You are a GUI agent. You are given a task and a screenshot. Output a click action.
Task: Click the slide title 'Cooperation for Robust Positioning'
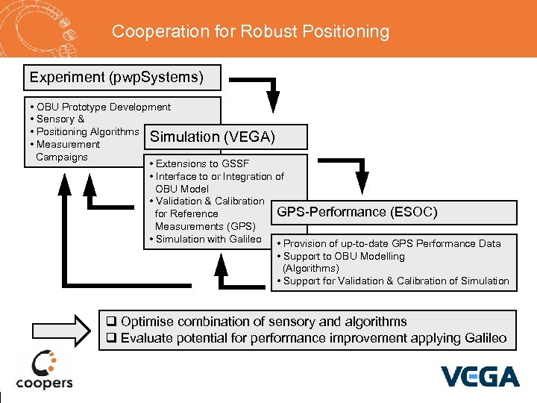tap(251, 31)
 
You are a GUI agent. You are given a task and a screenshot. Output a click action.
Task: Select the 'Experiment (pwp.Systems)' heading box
tap(115, 77)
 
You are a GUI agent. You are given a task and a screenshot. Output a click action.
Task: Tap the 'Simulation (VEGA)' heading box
tap(224, 137)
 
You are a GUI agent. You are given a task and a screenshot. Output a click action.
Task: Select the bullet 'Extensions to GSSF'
tap(202, 163)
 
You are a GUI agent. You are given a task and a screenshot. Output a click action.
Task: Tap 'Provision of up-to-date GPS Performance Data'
tap(392, 243)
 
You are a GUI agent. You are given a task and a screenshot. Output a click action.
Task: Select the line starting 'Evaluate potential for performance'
tap(313, 338)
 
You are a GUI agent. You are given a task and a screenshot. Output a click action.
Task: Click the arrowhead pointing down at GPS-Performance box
tap(362, 184)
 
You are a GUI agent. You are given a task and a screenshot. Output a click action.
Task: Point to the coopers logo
tap(44, 370)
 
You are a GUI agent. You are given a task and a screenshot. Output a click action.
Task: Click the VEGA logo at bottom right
tap(480, 375)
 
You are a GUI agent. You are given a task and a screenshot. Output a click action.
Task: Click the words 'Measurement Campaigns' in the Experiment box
tap(67, 151)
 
